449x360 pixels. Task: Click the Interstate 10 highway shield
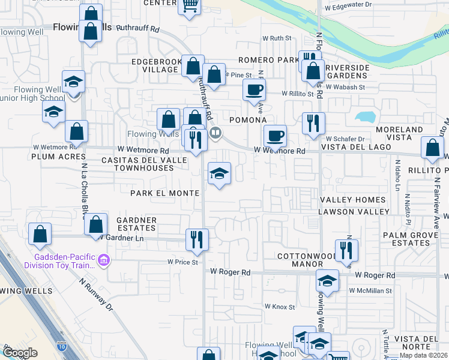[62, 346]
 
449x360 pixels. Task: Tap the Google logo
[20, 353]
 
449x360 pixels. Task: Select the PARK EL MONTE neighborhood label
[164, 193]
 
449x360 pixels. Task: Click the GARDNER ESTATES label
[136, 224]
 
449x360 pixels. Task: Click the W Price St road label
[182, 262]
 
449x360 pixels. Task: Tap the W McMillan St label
[370, 290]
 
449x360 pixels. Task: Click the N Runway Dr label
[96, 295]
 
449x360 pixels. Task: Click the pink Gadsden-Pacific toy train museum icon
[103, 260]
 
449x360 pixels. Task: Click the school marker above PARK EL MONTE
[219, 175]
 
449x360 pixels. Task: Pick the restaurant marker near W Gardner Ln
[196, 239]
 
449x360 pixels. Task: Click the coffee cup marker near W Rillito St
[253, 91]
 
